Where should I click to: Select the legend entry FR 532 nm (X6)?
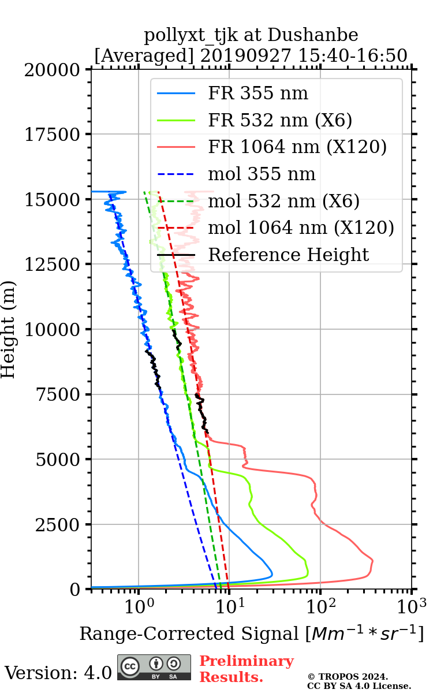280,120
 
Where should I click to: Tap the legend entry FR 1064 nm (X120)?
297,147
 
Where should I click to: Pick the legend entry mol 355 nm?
262,174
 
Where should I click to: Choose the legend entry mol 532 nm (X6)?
283,201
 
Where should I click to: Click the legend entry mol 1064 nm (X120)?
301,228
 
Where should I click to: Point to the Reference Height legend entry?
288,255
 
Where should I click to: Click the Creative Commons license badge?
154,668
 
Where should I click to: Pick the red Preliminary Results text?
246,669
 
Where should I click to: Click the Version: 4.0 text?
58,673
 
